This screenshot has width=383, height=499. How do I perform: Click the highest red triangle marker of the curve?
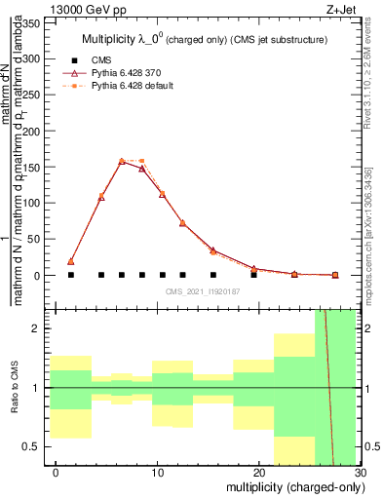coord(122,162)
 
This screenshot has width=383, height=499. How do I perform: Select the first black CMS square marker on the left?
coord(71,275)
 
